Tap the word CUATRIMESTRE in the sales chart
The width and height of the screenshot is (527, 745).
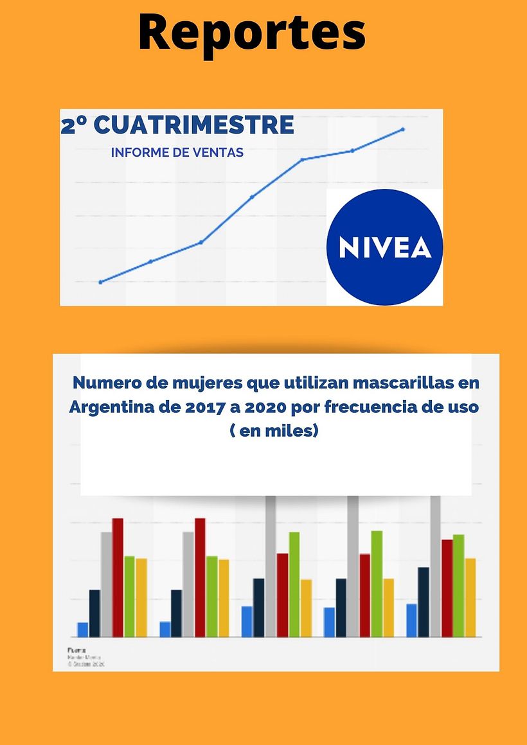point(194,125)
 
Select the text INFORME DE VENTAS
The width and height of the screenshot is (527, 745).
point(177,153)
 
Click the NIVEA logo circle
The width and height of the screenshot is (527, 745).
point(384,247)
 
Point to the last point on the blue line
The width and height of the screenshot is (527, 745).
point(403,129)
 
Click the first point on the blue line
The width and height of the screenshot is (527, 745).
point(100,282)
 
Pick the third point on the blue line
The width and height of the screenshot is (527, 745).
point(201,242)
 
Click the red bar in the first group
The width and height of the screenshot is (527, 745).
point(118,577)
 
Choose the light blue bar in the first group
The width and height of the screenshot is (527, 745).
point(83,629)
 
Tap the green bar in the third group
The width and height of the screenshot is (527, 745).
point(294,584)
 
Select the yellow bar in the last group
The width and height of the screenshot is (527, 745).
point(470,597)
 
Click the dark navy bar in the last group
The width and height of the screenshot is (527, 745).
point(424,602)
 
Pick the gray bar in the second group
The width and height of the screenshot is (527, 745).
point(188,584)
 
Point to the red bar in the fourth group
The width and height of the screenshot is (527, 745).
point(364,595)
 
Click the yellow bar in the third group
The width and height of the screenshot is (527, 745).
point(306,608)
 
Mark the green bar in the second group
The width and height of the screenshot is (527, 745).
point(212,596)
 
